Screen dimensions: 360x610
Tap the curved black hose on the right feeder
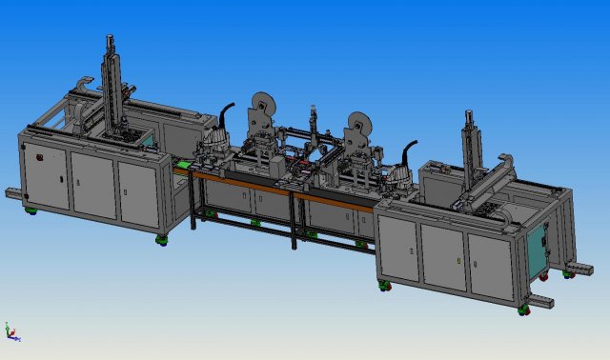pos(410,152)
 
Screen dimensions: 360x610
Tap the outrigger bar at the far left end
pos(14,193)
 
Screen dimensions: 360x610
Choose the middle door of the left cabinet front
pos(92,182)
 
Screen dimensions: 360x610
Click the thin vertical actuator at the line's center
pos(314,124)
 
